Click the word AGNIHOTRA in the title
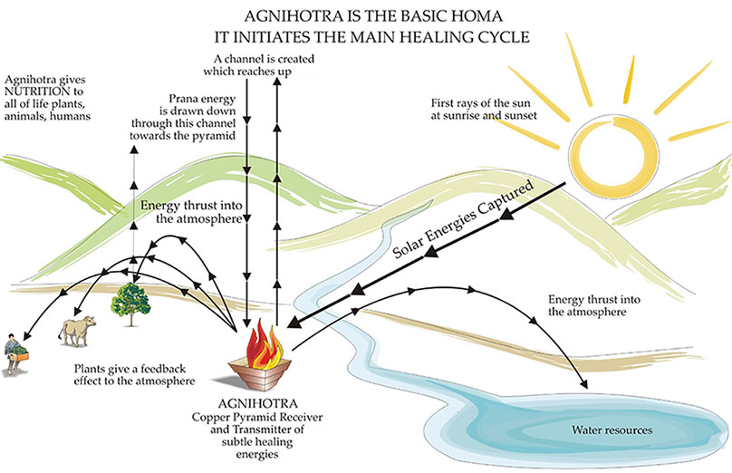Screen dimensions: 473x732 pyautogui.click(x=280, y=16)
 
